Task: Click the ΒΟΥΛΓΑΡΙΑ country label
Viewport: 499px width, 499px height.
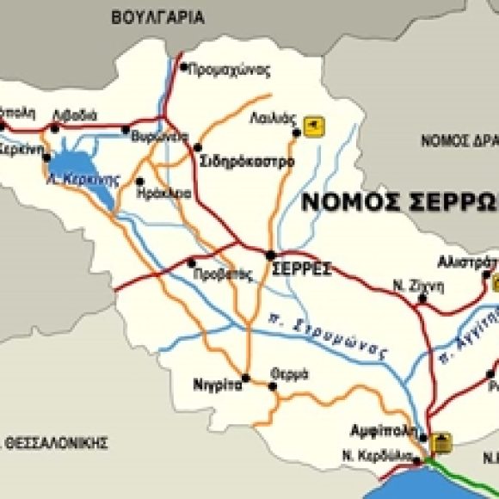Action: point(157,16)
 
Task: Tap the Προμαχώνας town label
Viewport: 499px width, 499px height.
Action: point(229,71)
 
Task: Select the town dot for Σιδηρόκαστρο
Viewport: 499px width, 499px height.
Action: point(198,147)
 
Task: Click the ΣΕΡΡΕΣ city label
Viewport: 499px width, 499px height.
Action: point(301,268)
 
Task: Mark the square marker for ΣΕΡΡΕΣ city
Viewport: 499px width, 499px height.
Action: point(270,255)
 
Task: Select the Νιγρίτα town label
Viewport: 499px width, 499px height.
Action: point(217,386)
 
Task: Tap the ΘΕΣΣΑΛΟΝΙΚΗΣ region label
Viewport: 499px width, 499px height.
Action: point(56,442)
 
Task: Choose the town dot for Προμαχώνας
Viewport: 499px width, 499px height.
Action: point(182,65)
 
